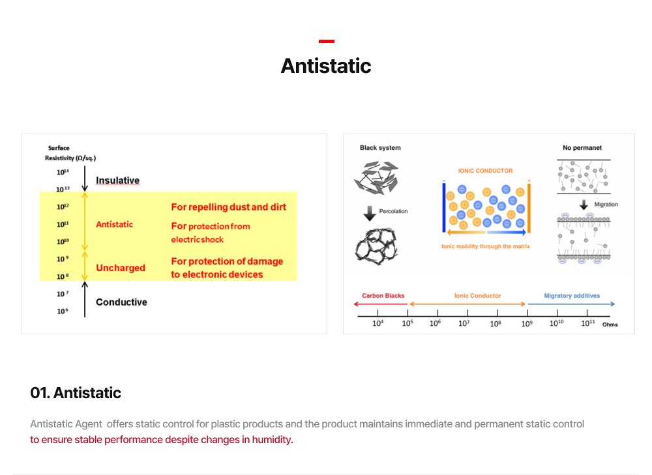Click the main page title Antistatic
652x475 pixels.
coord(326,66)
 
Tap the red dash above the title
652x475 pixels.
coord(327,41)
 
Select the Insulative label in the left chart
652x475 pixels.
coord(117,180)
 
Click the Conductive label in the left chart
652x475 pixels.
coord(121,302)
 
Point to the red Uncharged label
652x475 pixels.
coord(121,268)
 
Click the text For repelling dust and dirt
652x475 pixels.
coord(228,207)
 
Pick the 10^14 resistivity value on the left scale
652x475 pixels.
coord(63,172)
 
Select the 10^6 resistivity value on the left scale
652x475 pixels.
coord(63,311)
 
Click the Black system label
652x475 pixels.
coord(380,148)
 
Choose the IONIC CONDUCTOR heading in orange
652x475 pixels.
coord(485,171)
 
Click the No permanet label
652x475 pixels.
coord(582,148)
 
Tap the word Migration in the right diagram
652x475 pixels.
coord(606,205)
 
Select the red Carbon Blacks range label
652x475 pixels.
coord(383,296)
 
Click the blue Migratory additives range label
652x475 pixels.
coord(572,296)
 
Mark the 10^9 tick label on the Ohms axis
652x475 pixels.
coord(527,323)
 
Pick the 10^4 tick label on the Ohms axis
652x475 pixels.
coord(378,323)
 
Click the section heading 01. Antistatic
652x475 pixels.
coord(76,393)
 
